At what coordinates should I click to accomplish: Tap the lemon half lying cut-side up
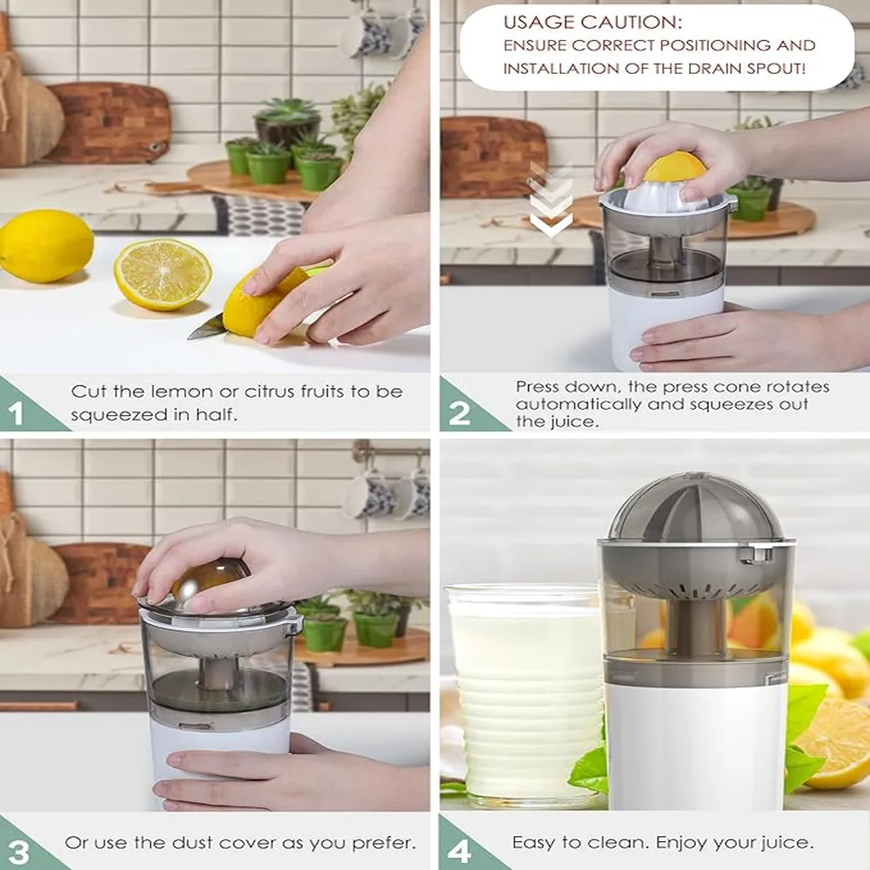163,275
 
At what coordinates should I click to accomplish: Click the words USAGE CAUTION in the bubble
592,23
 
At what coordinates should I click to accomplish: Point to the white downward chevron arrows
551,199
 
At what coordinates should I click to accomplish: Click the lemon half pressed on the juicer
675,166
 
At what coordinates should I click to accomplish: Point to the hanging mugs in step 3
387,494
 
